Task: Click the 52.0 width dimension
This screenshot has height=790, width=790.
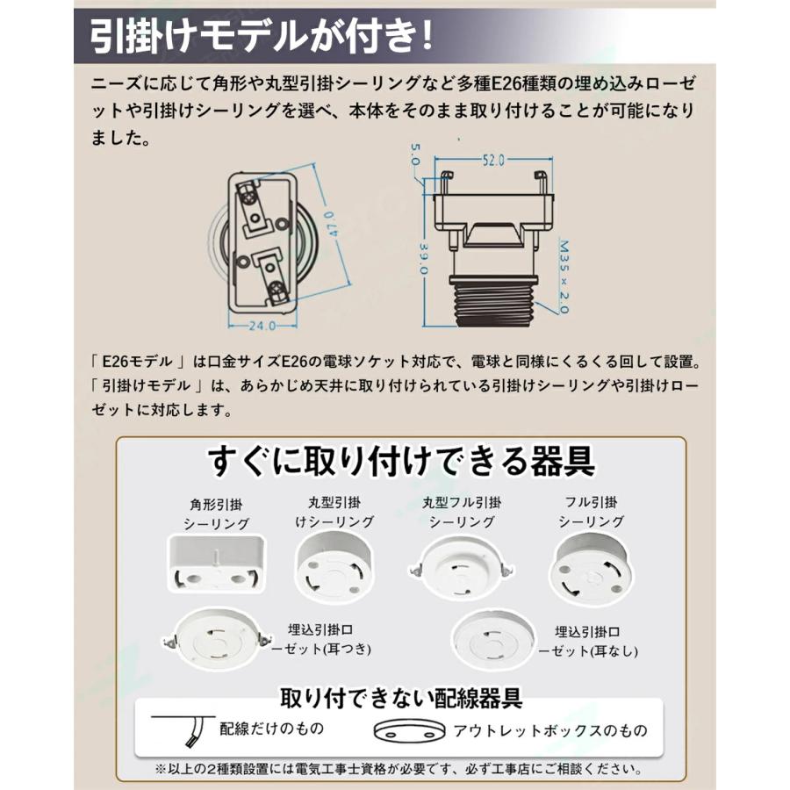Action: point(493,161)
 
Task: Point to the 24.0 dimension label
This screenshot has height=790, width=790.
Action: point(262,326)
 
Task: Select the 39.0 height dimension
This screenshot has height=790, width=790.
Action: point(423,259)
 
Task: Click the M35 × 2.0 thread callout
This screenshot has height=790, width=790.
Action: point(564,276)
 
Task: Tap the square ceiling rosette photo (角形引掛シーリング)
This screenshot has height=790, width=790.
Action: point(216,564)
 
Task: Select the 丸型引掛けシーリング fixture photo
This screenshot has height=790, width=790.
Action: point(334,567)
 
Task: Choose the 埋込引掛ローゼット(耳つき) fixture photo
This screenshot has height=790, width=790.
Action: point(216,638)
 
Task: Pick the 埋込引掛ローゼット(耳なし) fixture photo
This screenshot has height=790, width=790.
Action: point(494,639)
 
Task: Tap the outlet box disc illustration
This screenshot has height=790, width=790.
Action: point(410,731)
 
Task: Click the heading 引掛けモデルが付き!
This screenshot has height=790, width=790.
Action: point(262,36)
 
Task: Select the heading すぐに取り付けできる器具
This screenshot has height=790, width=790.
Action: point(401,461)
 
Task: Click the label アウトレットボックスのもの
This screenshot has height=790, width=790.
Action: point(550,730)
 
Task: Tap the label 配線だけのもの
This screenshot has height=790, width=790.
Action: point(271,729)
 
